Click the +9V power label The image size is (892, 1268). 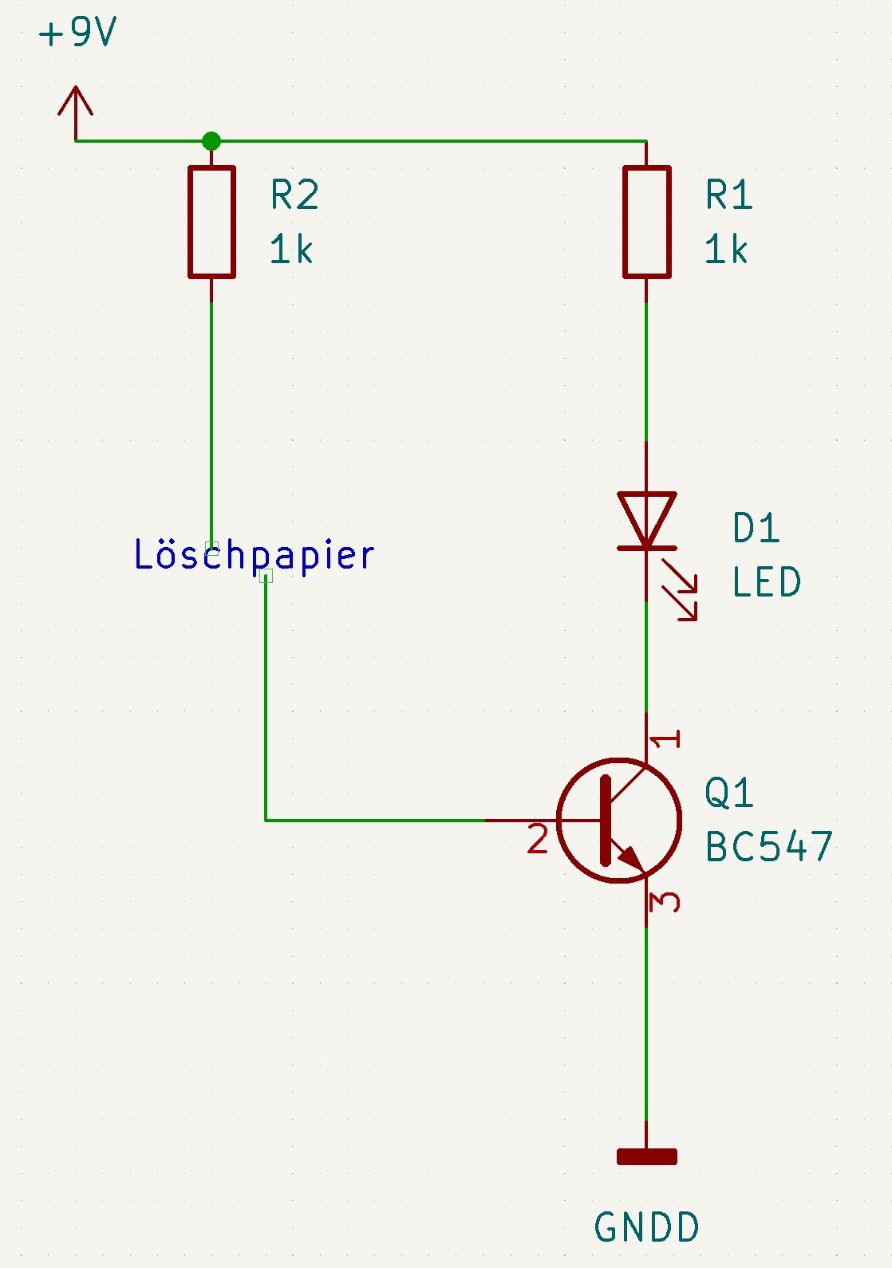[x=77, y=33]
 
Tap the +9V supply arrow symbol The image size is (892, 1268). [x=76, y=108]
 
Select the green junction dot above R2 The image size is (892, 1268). [x=211, y=141]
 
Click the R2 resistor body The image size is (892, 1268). [x=211, y=222]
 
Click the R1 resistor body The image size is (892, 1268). [x=646, y=222]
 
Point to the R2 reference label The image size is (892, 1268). [x=294, y=195]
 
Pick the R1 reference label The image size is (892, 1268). [x=729, y=195]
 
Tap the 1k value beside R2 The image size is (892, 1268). [x=291, y=250]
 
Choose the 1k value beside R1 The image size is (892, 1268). [x=726, y=250]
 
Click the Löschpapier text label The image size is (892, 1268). [x=254, y=555]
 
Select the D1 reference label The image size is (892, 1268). [x=756, y=529]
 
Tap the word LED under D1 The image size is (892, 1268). [x=767, y=582]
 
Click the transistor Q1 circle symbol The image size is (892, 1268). [x=619, y=820]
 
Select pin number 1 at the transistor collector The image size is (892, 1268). [x=665, y=739]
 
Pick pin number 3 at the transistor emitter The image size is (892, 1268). [x=665, y=902]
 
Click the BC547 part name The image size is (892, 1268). [x=769, y=847]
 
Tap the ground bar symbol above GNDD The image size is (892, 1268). [x=647, y=1156]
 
